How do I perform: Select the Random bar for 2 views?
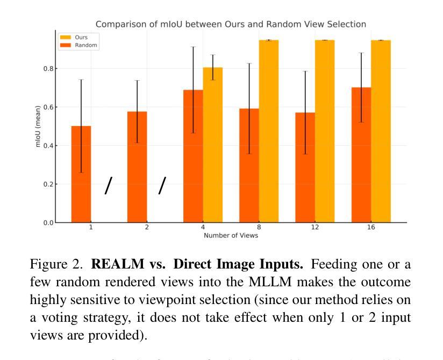tap(137, 167)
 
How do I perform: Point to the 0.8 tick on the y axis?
tap(50, 69)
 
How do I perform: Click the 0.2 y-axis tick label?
tap(50, 184)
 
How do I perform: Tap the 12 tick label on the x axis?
tap(315, 228)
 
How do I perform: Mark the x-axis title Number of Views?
tap(230, 236)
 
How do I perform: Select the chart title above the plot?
tap(231, 24)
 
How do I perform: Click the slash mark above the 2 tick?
tap(162, 186)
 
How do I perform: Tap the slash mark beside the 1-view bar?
tap(109, 186)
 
